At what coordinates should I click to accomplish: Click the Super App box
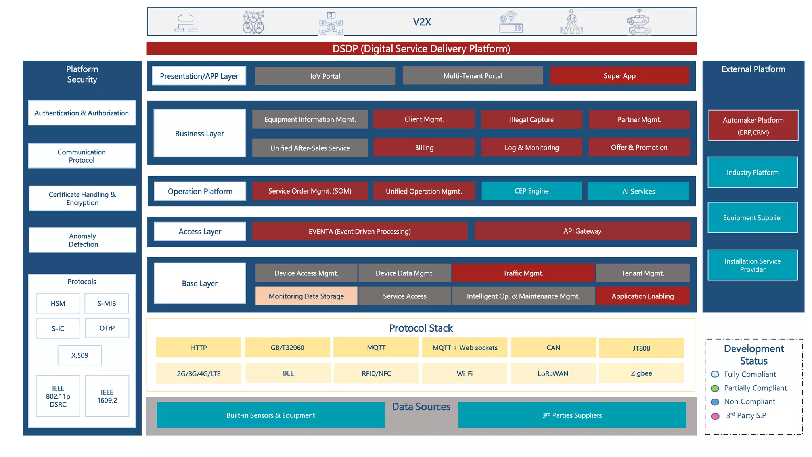coord(619,76)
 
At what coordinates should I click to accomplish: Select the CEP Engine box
coord(531,191)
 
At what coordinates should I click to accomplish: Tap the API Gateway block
coord(582,231)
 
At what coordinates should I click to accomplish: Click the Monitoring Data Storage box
coord(306,296)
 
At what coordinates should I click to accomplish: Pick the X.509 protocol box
coord(80,355)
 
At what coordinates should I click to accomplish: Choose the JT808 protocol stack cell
coord(641,348)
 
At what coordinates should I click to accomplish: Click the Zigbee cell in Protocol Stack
coord(641,373)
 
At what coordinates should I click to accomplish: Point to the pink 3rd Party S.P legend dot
coord(715,416)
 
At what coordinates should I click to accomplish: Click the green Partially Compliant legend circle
coord(715,388)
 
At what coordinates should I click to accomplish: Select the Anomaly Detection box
coord(82,240)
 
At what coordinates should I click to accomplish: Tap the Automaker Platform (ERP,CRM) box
coord(753,126)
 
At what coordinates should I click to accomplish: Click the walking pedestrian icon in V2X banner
coord(571,22)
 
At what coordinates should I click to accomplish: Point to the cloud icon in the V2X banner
coord(185,22)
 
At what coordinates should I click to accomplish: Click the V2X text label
coord(422,22)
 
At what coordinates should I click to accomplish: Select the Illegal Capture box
coord(531,120)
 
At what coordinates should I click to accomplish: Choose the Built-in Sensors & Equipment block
coord(270,415)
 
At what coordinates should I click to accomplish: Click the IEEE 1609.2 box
coord(107,396)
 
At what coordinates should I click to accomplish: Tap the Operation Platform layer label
coord(200,192)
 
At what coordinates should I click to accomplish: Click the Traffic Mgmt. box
coord(523,273)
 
